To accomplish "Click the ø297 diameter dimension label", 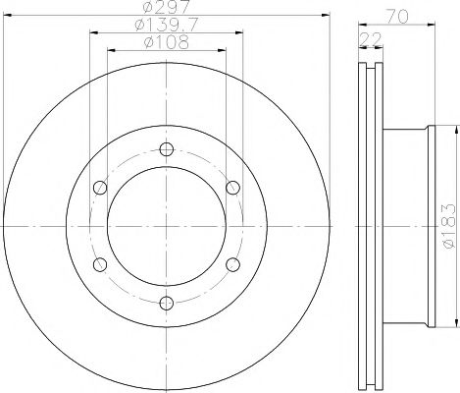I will pyautogui.click(x=165, y=10).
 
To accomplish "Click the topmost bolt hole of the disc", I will pyautogui.click(x=165, y=149).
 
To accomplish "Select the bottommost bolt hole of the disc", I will pyautogui.click(x=165, y=304).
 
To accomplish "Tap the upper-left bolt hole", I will pyautogui.click(x=98, y=188).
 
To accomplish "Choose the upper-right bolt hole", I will pyautogui.click(x=232, y=188).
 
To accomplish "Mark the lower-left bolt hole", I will pyautogui.click(x=98, y=264).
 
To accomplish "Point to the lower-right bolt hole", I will pyautogui.click(x=232, y=264).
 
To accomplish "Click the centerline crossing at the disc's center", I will pyautogui.click(x=165, y=226).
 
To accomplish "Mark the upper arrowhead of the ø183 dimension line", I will pyautogui.click(x=454, y=130).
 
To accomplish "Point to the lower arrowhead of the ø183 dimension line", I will pyautogui.click(x=454, y=323).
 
